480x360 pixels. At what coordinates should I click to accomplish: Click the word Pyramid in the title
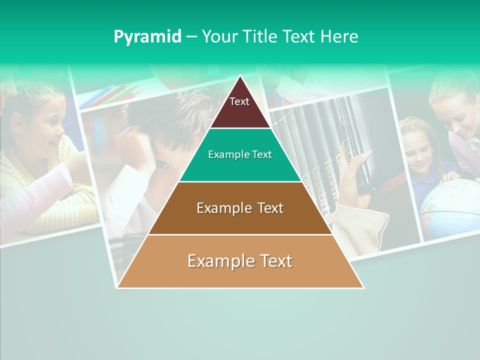tap(147, 37)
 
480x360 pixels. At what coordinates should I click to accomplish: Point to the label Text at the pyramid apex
tap(239, 101)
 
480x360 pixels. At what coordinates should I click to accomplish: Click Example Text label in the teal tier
tap(240, 154)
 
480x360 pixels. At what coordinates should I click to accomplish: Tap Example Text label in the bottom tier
tap(240, 261)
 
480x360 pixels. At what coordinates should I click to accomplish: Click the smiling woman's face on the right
tap(457, 112)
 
